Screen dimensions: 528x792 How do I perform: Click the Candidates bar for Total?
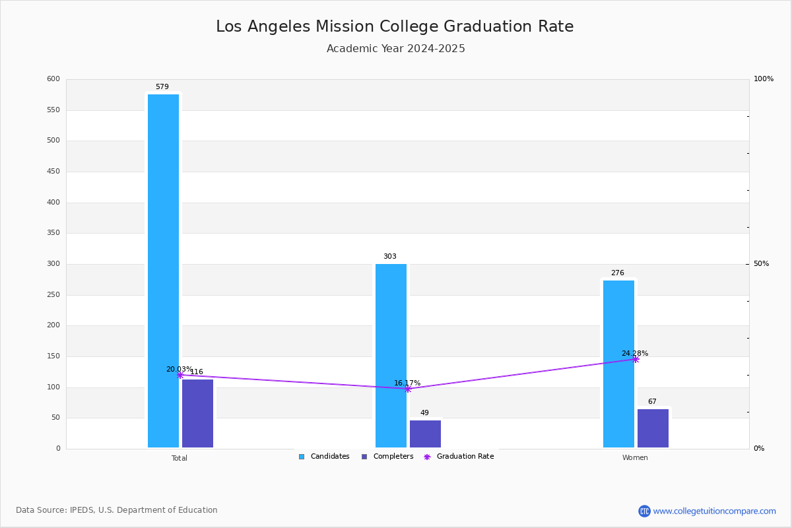(163, 271)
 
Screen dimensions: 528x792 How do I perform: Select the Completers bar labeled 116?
(197, 413)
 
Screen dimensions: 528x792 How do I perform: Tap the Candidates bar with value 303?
(391, 356)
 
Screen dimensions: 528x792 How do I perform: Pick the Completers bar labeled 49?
(425, 434)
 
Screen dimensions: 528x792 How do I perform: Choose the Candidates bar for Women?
(618, 364)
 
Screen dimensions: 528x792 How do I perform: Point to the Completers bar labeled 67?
(653, 428)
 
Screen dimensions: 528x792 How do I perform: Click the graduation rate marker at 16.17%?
(408, 389)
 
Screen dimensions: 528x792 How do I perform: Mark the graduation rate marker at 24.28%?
(636, 359)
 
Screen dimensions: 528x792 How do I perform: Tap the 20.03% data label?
(179, 370)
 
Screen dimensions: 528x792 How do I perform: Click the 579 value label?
(162, 87)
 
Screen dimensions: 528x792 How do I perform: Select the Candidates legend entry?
(324, 457)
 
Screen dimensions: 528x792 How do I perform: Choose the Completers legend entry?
(387, 457)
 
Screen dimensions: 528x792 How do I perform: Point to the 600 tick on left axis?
(53, 79)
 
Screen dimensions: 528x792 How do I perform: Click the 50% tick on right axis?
(761, 264)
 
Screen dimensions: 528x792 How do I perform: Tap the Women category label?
(635, 458)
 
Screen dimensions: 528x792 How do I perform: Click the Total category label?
(180, 458)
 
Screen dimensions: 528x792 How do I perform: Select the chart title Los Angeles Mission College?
(395, 26)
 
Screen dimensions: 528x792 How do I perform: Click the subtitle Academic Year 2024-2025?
(396, 49)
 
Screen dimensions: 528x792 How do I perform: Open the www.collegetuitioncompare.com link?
(714, 511)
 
